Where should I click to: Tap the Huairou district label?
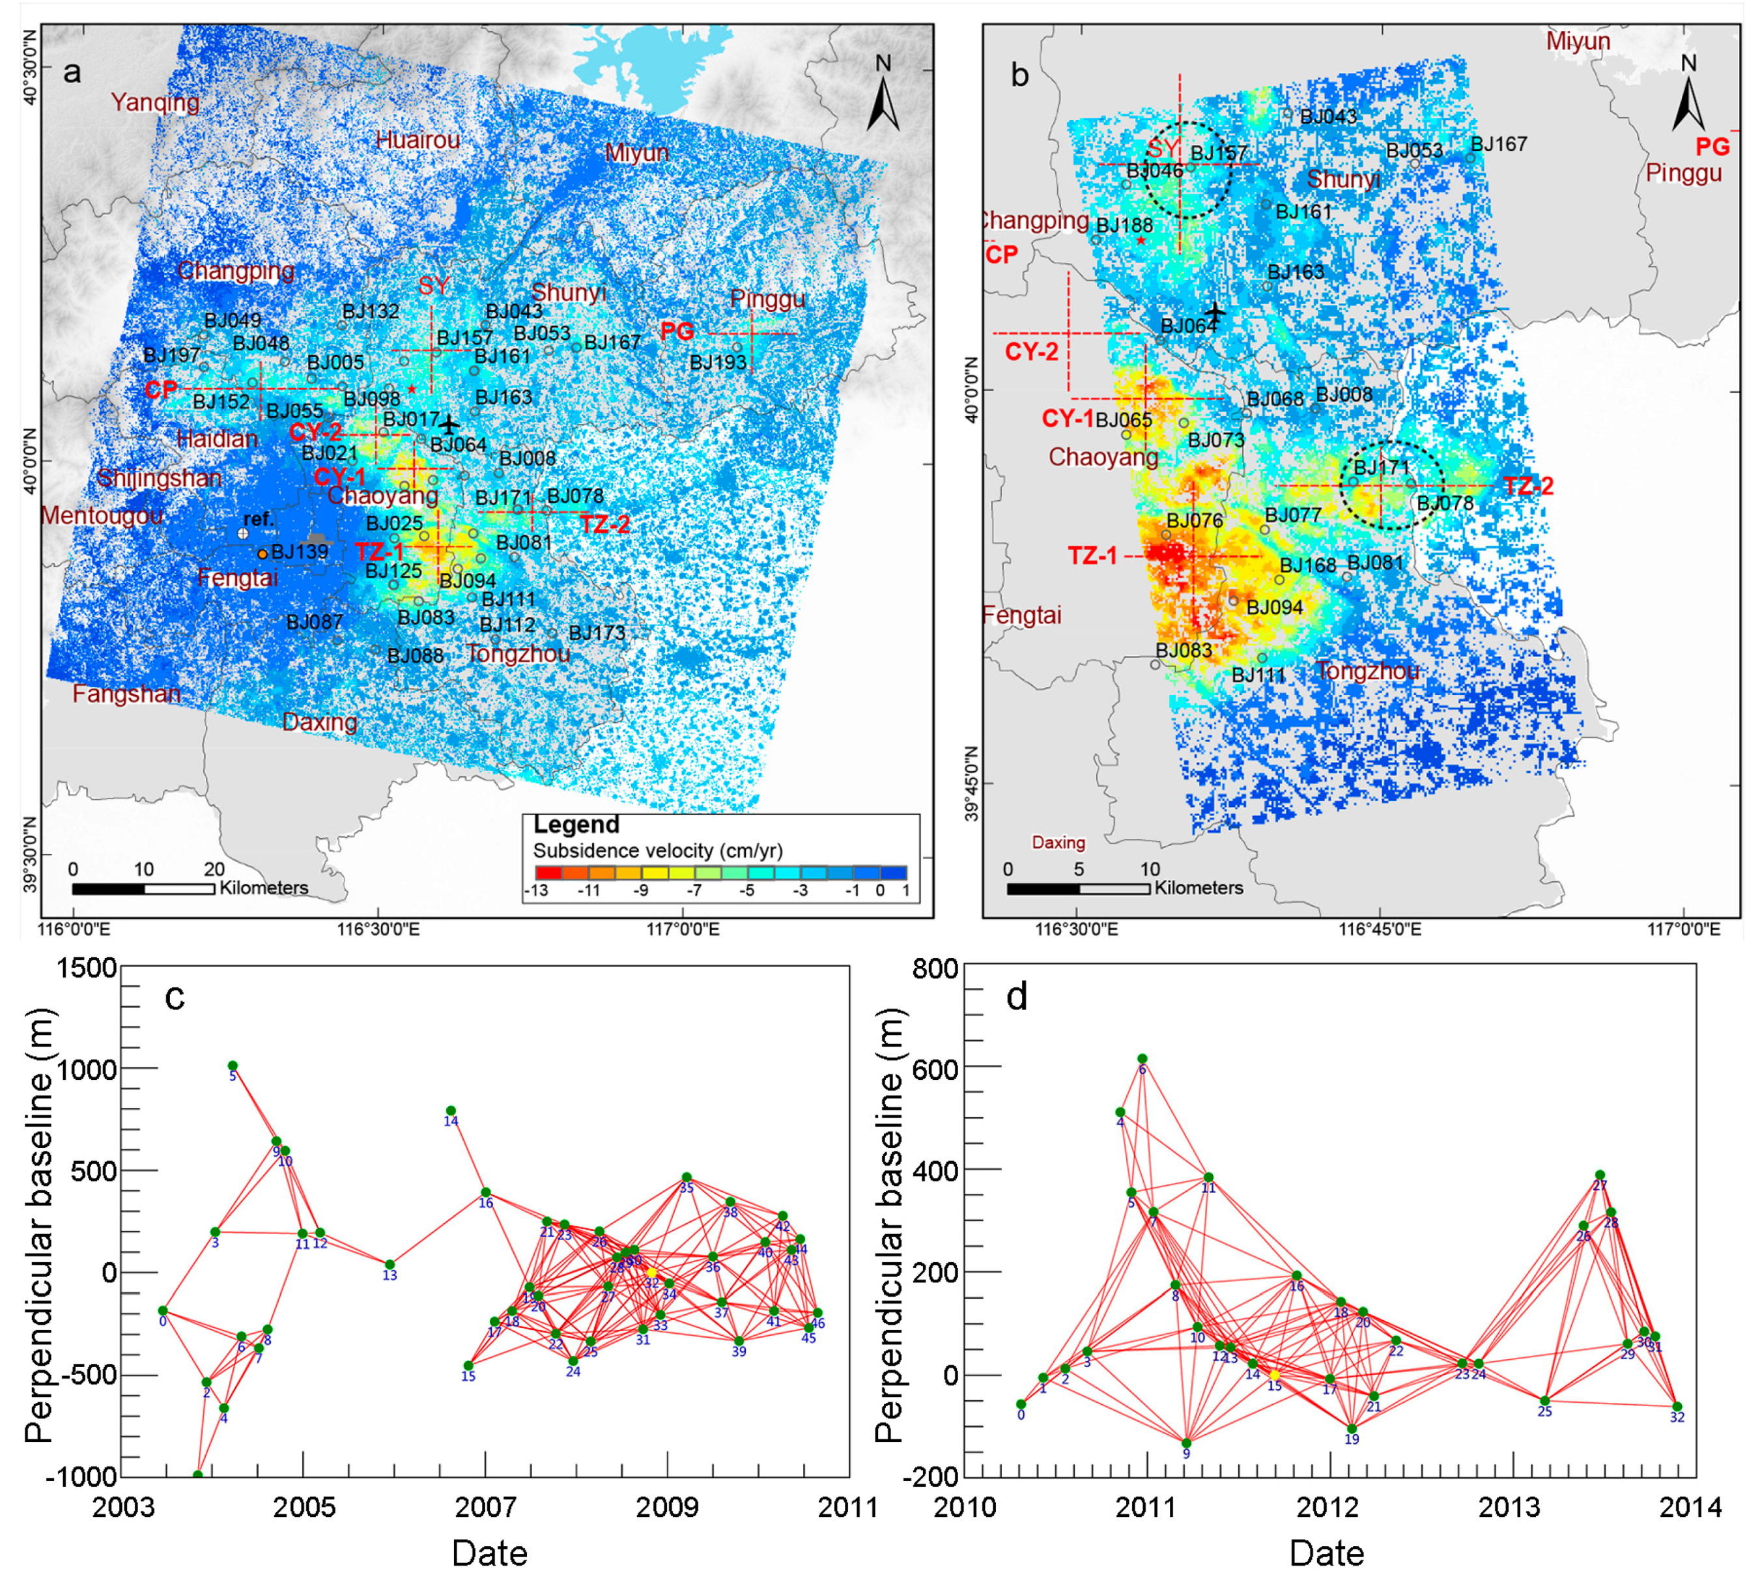click(418, 140)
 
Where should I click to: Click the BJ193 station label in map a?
click(717, 362)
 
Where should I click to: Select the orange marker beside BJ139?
click(263, 553)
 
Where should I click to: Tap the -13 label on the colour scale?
click(535, 891)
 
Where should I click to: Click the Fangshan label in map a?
click(127, 694)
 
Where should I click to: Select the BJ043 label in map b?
click(1327, 117)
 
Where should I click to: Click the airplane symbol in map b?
click(1215, 312)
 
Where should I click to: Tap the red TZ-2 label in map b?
click(1528, 486)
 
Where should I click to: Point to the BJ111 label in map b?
click(1258, 675)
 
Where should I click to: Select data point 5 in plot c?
click(233, 1066)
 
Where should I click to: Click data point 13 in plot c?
click(390, 1265)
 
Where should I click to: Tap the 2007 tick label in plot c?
click(485, 1506)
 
